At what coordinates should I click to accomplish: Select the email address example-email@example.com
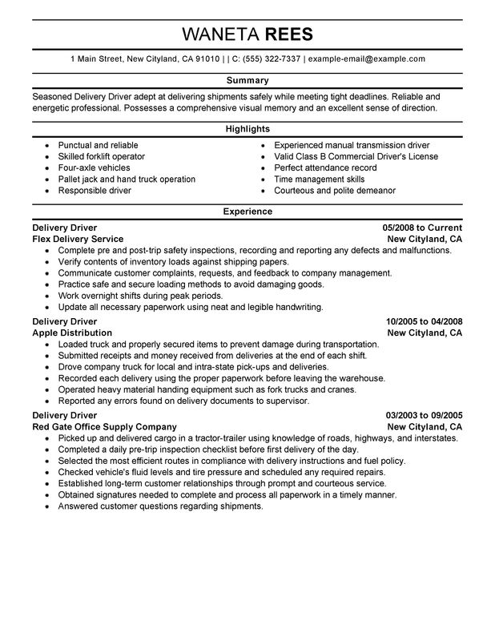[x=366, y=59]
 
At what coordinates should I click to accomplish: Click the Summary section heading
[x=247, y=81]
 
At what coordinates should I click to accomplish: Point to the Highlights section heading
[x=247, y=128]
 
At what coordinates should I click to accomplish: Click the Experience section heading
[x=247, y=212]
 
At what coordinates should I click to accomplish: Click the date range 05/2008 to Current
[x=423, y=228]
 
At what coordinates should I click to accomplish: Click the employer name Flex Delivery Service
[x=78, y=239]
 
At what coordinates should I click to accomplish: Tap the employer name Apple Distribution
[x=72, y=333]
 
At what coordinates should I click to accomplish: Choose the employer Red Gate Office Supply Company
[x=104, y=427]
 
